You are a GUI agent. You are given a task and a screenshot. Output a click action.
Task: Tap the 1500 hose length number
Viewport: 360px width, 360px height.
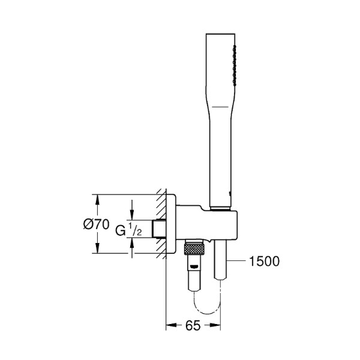[264, 261]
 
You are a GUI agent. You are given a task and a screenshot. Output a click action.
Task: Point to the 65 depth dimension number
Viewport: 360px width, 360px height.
[191, 328]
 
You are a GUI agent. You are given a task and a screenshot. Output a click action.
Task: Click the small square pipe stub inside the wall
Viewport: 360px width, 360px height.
[159, 229]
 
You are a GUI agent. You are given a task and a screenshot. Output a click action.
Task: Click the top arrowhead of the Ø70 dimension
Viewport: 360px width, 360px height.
[97, 197]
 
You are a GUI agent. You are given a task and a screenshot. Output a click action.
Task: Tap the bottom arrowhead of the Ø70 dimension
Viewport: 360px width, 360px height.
[97, 251]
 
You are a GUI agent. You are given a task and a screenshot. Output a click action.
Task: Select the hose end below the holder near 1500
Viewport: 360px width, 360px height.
[220, 261]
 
